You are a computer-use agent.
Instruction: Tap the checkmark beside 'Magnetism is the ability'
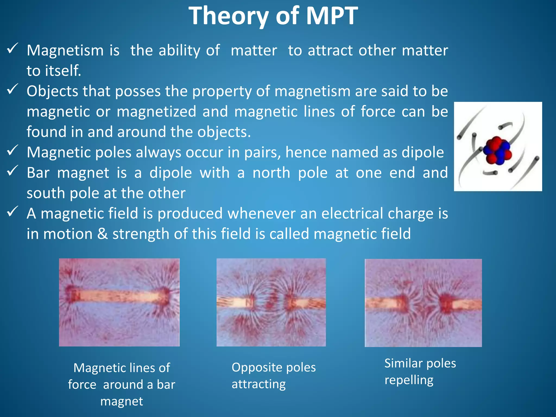tap(12, 49)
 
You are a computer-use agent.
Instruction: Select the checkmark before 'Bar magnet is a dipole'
tap(12, 171)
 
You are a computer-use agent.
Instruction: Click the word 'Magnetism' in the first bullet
tap(65, 51)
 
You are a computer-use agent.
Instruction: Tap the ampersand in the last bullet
tap(102, 234)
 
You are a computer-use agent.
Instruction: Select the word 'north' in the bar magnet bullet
tap(271, 173)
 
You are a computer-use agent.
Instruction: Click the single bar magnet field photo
tap(119, 302)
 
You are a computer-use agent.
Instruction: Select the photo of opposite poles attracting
tap(271, 302)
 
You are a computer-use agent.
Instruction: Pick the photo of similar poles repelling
tap(423, 303)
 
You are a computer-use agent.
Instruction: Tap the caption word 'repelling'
tap(409, 380)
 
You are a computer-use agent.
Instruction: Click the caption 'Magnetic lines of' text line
tap(122, 368)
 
